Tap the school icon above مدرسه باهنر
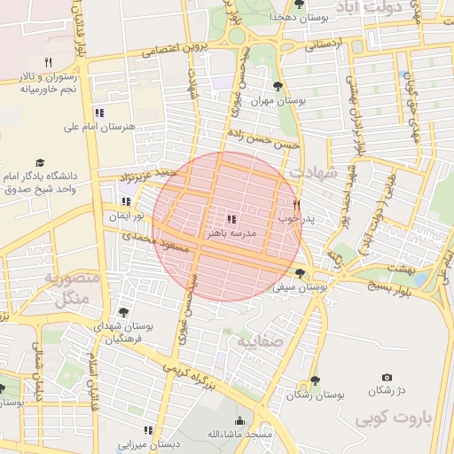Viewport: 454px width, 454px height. pos(231,218)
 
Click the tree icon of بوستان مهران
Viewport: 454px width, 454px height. pos(278,87)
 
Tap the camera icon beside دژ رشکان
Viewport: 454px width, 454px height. pos(387,378)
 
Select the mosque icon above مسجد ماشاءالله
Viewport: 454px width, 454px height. pos(239,421)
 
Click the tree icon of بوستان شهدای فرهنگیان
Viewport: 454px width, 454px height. pos(122,312)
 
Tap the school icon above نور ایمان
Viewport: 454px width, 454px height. pos(126,201)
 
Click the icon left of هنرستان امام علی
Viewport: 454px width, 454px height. pos(99,113)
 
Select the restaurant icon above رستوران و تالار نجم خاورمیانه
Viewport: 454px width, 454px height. pos(49,62)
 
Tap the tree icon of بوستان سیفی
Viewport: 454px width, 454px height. pos(300,273)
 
